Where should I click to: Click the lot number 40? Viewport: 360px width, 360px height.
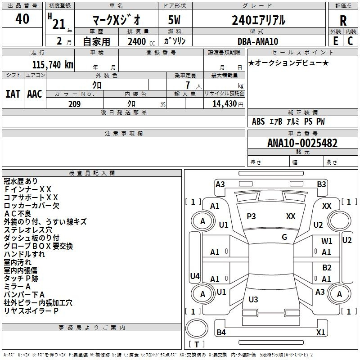pos(22,18)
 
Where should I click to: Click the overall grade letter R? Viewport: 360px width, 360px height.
pos(343,21)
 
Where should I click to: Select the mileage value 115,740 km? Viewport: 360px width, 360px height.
pos(53,65)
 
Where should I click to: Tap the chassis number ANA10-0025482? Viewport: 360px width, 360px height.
pos(302,143)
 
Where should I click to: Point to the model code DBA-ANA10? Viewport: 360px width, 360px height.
pos(258,41)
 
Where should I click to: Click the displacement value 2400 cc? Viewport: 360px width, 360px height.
pos(141,41)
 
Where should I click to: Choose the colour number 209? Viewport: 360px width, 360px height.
pos(74,104)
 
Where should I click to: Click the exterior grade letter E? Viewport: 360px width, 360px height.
pos(336,41)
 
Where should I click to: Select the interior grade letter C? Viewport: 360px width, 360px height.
pos(350,41)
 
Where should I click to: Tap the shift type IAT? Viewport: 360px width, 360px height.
pos(13,94)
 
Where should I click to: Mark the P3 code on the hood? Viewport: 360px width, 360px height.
pos(251,216)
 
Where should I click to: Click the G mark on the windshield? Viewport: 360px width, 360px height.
pos(284,237)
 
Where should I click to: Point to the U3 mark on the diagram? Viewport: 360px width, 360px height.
pos(253,299)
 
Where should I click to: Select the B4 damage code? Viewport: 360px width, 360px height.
pos(221,332)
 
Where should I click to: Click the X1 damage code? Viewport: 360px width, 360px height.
pos(320,332)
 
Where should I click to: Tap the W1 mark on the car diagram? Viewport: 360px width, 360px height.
pos(327,241)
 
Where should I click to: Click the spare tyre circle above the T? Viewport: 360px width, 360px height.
pos(197,328)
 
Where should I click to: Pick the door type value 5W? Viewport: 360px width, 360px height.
pos(174,20)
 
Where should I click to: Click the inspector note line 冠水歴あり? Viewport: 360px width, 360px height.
pos(21,181)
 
